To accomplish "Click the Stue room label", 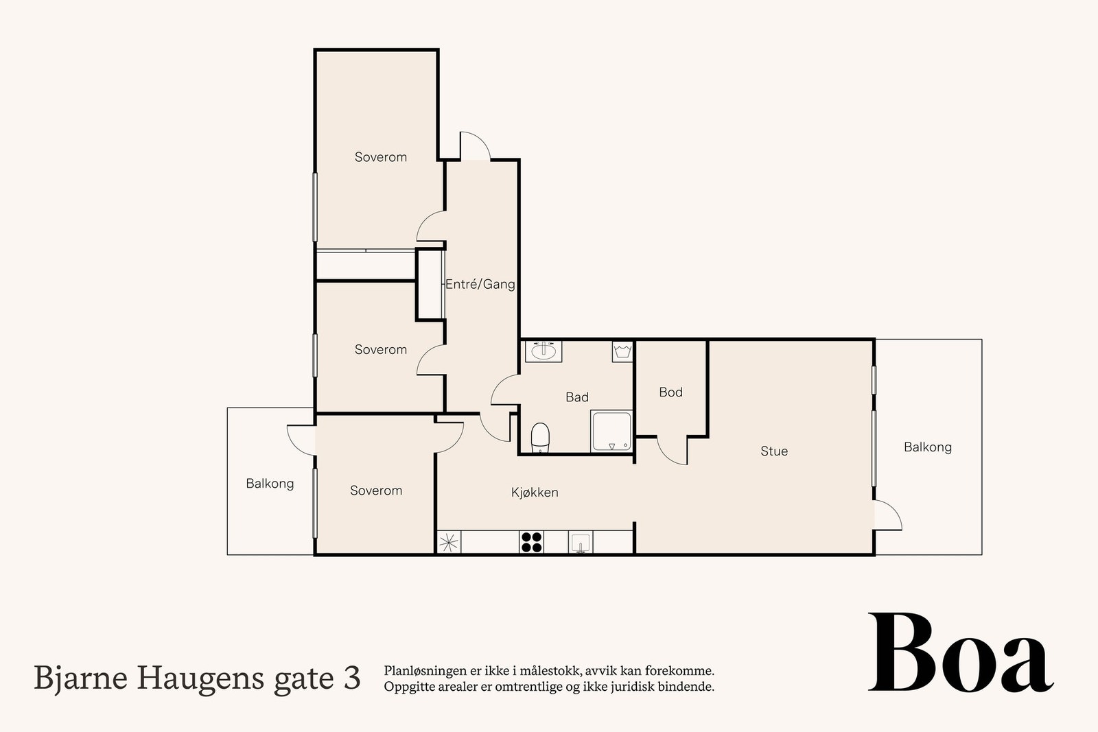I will click(x=773, y=451).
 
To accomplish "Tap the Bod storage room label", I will click(x=670, y=392).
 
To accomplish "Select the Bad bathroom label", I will click(x=576, y=397).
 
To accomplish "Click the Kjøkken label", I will click(x=535, y=493).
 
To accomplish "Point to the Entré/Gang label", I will click(x=480, y=284).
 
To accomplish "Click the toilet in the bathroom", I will click(x=541, y=438).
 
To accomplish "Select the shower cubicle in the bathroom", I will click(x=611, y=432).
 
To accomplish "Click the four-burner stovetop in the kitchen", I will click(x=531, y=542).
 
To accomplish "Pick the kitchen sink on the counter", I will click(x=580, y=543).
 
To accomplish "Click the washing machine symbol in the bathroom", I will click(x=622, y=352).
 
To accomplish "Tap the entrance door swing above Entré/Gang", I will click(x=474, y=145).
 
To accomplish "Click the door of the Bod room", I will click(x=673, y=450).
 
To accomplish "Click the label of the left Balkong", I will click(x=270, y=484).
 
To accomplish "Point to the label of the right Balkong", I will click(x=927, y=447).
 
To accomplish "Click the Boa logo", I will click(x=960, y=654).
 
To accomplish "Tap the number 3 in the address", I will click(x=351, y=678).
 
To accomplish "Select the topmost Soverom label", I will click(x=380, y=157).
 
